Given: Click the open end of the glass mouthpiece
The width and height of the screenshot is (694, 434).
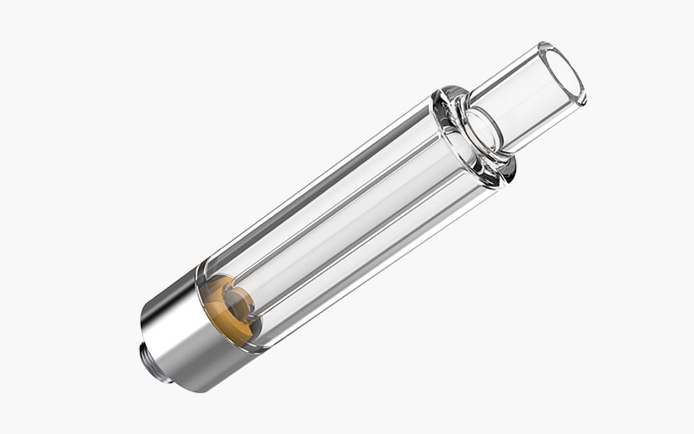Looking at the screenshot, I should click(560, 75).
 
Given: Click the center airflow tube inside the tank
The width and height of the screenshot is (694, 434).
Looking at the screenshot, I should click(352, 217).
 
